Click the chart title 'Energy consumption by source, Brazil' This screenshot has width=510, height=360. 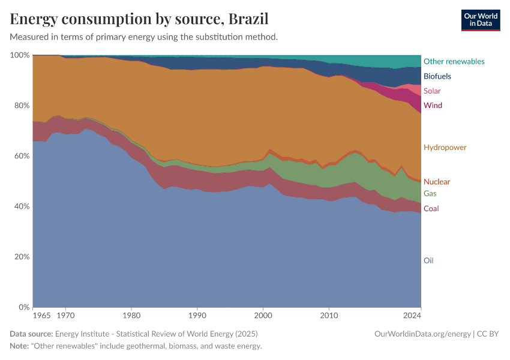[139, 19]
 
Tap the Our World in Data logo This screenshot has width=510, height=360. [480, 20]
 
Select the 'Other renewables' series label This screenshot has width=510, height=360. [454, 61]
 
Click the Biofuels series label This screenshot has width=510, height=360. [437, 76]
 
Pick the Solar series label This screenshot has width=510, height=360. [432, 91]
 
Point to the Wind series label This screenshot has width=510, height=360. [433, 106]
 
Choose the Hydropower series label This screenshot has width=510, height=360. [445, 148]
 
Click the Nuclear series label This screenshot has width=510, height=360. [436, 182]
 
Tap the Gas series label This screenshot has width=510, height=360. [430, 194]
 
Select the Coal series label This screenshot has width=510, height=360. [431, 209]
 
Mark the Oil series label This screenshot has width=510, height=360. [428, 261]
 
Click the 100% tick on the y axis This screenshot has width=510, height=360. [20, 55]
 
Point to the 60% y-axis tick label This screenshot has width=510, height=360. [22, 156]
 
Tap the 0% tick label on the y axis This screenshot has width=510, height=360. [23, 307]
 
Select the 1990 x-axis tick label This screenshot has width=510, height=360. [197, 315]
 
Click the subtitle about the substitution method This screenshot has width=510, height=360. [144, 37]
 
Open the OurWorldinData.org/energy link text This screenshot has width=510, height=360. [422, 334]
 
